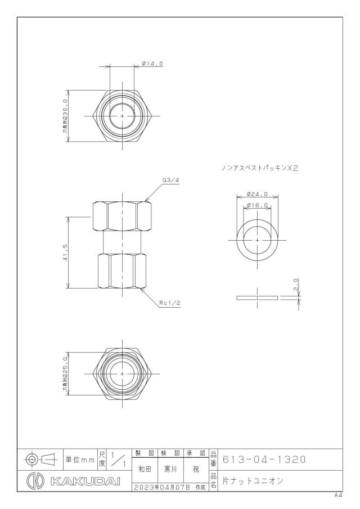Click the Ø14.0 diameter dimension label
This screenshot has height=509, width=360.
coord(152,64)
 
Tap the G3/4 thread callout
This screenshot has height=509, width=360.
coord(171,180)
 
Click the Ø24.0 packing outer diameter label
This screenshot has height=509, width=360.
coord(257,194)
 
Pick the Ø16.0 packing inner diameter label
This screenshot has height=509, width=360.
coord(257,205)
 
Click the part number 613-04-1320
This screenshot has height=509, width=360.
coord(264,460)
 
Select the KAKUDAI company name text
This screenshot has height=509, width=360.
coord(85,481)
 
